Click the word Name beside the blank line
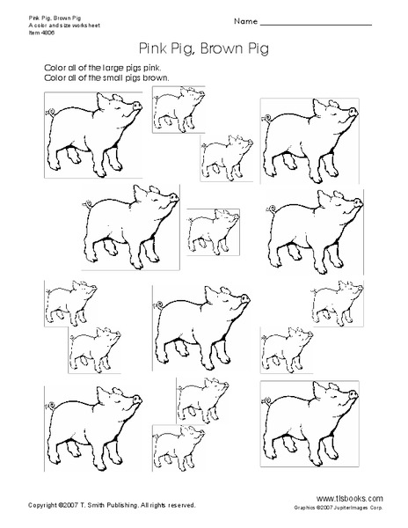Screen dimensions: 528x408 (x=247, y=20)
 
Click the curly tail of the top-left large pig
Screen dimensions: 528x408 (x=51, y=114)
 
